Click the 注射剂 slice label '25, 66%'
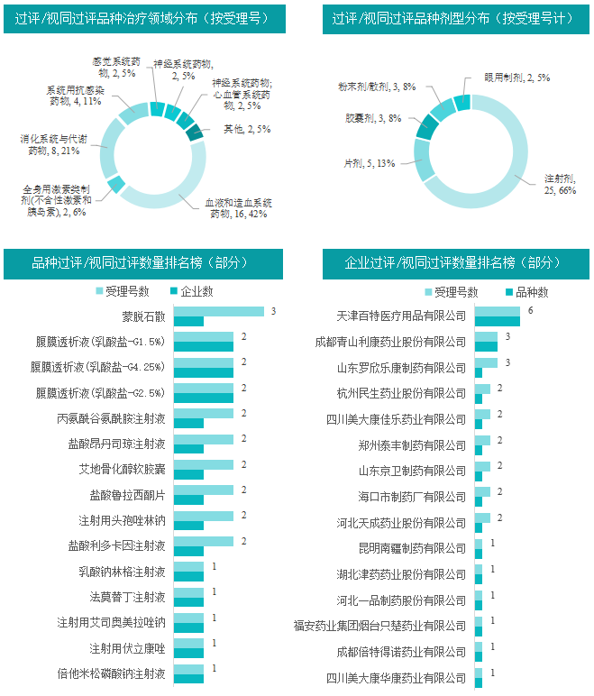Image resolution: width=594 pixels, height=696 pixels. coord(560,189)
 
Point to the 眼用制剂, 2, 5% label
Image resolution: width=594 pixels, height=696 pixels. coord(517,78)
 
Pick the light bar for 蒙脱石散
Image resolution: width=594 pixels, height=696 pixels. coord(218,311)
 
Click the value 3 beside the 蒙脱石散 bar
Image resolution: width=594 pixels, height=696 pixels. coord(272,310)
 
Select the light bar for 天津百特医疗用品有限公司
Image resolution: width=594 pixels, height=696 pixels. coord(497,311)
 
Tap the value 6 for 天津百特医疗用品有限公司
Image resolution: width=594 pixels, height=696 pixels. coord(531,310)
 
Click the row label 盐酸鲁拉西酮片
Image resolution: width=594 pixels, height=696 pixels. coord(127,495)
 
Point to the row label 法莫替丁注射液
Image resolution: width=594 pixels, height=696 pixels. coord(127,597)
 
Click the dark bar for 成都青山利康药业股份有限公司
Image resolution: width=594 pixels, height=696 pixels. coord(486,346)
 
